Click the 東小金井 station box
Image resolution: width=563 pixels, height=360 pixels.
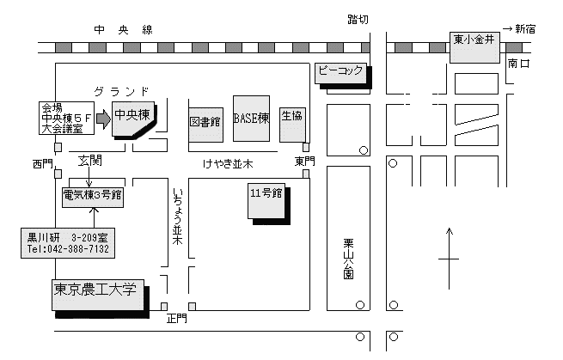[474, 47]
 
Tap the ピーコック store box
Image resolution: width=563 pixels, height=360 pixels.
[340, 74]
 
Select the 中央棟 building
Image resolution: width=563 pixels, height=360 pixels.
[133, 119]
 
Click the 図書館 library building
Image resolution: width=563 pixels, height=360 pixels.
[206, 125]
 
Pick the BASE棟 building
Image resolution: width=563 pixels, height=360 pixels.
[251, 119]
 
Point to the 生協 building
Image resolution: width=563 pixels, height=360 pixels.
[292, 125]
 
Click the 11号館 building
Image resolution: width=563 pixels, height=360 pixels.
[266, 201]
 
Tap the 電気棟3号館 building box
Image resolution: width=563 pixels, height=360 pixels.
[93, 197]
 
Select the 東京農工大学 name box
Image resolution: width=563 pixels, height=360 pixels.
[98, 295]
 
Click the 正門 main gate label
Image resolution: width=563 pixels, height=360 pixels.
[177, 319]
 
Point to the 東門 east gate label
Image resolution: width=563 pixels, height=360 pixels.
[305, 162]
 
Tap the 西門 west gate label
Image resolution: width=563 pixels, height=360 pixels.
[43, 164]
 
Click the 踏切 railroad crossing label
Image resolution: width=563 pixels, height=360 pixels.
[358, 19]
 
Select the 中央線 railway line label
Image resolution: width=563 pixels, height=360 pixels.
[124, 30]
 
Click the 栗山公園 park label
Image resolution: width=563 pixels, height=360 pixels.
[348, 259]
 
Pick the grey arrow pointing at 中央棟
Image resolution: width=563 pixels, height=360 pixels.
[104, 119]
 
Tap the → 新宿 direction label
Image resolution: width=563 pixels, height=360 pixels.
[519, 28]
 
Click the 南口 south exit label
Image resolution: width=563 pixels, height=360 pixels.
[519, 64]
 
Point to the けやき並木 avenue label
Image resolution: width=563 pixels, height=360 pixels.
[228, 164]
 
